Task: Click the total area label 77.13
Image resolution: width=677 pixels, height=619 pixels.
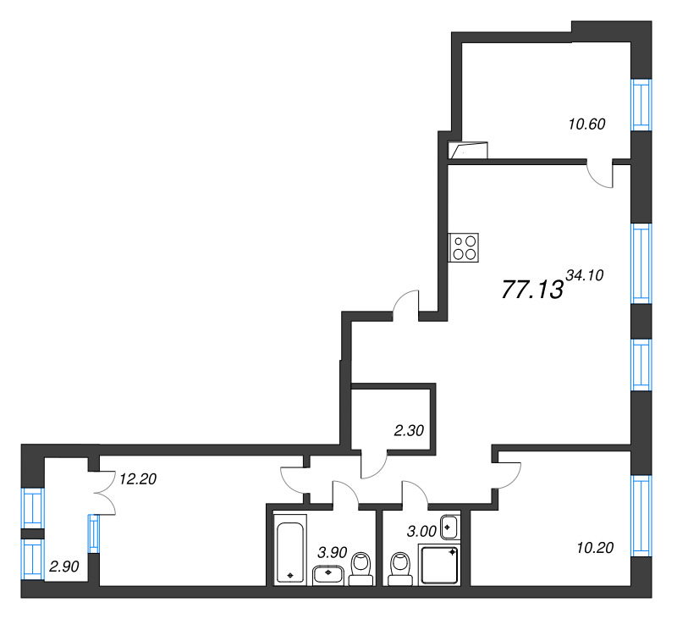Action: coord(532,289)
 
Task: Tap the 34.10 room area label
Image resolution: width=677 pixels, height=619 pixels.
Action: coord(585,275)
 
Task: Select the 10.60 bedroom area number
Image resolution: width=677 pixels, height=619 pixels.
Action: coord(586,124)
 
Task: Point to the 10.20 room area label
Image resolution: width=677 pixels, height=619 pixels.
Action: coord(595,548)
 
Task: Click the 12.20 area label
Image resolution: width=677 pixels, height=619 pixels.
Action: coord(138,478)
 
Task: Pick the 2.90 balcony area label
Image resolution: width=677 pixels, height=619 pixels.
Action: coord(64,566)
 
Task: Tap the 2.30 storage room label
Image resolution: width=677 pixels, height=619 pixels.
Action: coord(409,430)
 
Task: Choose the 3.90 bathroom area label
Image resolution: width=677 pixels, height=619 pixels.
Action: coord(333,552)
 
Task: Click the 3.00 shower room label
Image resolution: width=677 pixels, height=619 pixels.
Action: coord(421,531)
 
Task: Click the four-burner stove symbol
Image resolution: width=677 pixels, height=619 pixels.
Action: coord(464,247)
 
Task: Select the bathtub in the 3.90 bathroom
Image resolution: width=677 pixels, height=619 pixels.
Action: coord(289,550)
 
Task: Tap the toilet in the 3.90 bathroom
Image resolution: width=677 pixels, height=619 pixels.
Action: coord(361,569)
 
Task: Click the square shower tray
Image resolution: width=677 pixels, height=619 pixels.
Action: coord(439,565)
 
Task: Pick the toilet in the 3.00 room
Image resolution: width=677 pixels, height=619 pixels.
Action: coord(400,569)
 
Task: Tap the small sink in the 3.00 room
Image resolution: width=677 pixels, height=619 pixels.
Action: coord(450,528)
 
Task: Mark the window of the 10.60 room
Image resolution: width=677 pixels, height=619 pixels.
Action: coord(641,104)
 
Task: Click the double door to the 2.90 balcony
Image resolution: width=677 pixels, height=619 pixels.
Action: coord(104,493)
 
